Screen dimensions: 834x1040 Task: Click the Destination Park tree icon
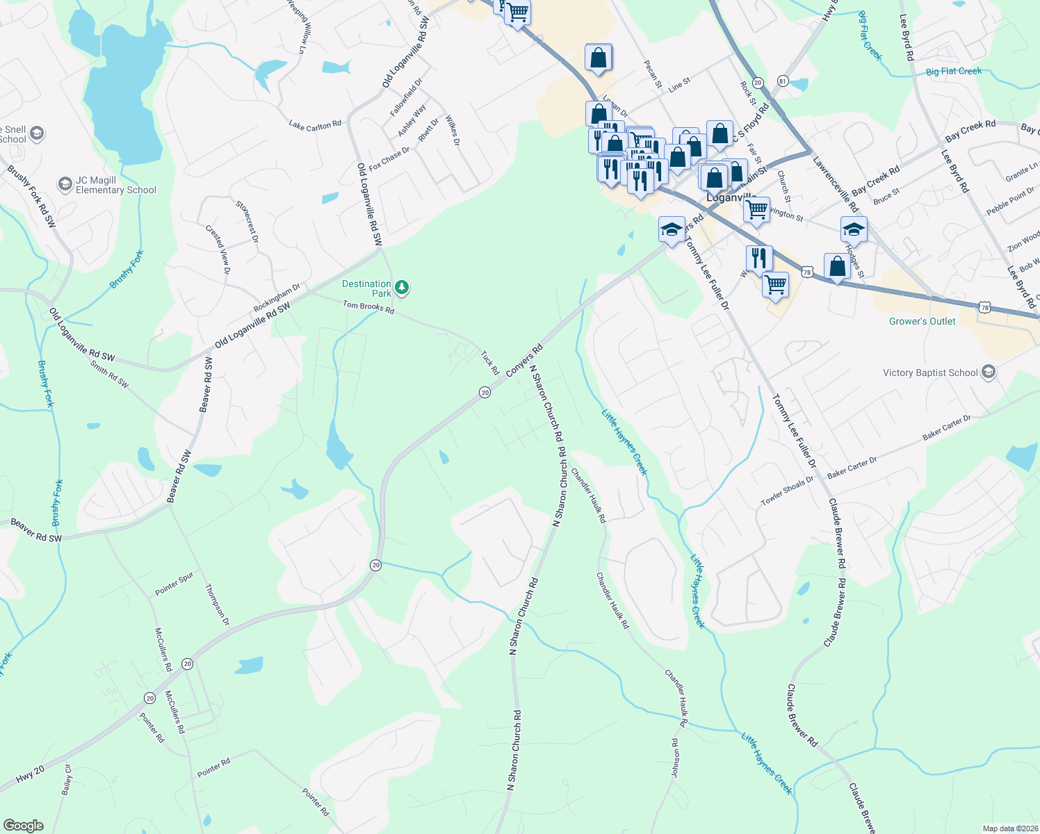(x=401, y=286)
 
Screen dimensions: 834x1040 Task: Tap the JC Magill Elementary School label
(x=116, y=185)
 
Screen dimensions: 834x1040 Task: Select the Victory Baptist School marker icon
(x=988, y=373)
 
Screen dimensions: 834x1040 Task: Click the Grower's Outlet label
(x=922, y=321)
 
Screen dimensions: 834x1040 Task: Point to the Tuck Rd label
(x=490, y=362)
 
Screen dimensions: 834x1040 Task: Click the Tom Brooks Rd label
(x=368, y=306)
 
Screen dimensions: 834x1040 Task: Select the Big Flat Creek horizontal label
(x=953, y=71)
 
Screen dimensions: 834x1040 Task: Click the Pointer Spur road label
(x=174, y=584)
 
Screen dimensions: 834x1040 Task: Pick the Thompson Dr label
(x=217, y=605)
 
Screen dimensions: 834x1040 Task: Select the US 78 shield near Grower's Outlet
(x=983, y=306)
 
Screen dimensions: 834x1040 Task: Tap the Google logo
(x=24, y=825)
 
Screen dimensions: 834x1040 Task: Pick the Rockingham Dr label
(x=277, y=297)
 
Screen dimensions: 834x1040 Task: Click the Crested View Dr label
(x=217, y=249)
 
